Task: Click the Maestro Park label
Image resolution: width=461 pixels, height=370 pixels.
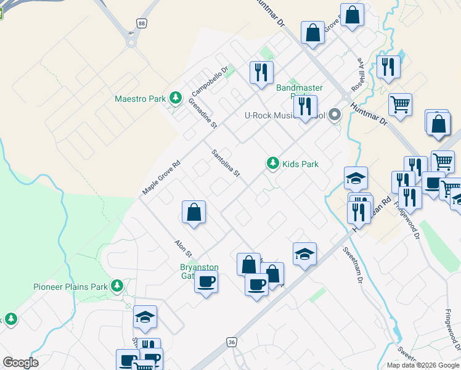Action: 141,99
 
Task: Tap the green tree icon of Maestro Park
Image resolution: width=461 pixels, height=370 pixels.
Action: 176,98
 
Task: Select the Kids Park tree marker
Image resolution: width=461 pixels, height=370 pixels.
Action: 272,163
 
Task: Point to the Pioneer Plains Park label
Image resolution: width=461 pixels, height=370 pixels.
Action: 70,287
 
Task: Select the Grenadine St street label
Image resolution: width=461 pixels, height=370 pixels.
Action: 203,113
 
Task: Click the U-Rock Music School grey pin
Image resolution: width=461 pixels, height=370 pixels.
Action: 335,115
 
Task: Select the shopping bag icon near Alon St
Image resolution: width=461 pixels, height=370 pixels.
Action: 194,213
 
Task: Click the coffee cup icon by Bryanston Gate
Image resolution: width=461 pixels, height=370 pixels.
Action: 206,282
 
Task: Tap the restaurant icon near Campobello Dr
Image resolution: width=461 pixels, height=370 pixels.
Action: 261,72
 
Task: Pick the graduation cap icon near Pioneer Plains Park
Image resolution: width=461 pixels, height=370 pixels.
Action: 145,317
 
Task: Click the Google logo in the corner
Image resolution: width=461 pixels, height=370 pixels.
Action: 20,363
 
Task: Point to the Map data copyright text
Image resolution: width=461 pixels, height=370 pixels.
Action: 423,365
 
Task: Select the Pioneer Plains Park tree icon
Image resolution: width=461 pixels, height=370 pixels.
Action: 117,286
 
